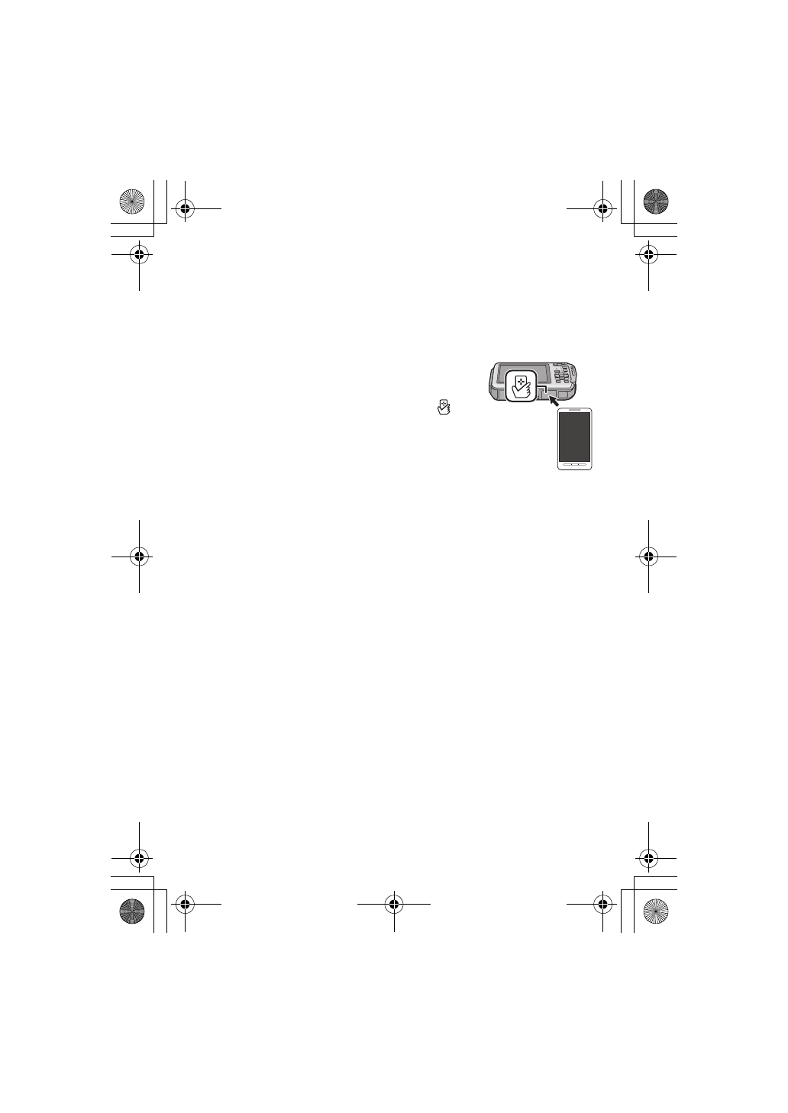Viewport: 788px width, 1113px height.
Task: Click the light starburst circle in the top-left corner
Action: [132, 202]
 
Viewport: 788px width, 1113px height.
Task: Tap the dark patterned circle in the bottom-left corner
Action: [132, 911]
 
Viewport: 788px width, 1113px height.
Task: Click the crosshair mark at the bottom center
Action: [394, 905]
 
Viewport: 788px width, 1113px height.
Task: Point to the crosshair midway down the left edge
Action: [139, 556]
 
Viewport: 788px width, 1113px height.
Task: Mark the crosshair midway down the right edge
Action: [648, 556]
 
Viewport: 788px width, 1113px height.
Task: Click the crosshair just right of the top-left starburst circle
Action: [184, 208]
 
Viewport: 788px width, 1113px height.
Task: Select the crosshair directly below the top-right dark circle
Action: [648, 254]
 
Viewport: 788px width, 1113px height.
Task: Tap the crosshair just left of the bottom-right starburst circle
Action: [603, 905]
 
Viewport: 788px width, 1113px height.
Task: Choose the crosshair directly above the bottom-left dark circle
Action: [139, 858]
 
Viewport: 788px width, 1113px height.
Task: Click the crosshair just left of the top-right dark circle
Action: [603, 208]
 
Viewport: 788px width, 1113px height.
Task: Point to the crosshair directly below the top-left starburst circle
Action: [139, 254]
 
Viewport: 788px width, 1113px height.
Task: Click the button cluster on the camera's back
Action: [563, 376]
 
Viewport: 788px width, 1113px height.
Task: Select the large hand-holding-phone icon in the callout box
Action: [521, 388]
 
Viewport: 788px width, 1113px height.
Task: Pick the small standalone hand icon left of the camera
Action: [442, 408]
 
